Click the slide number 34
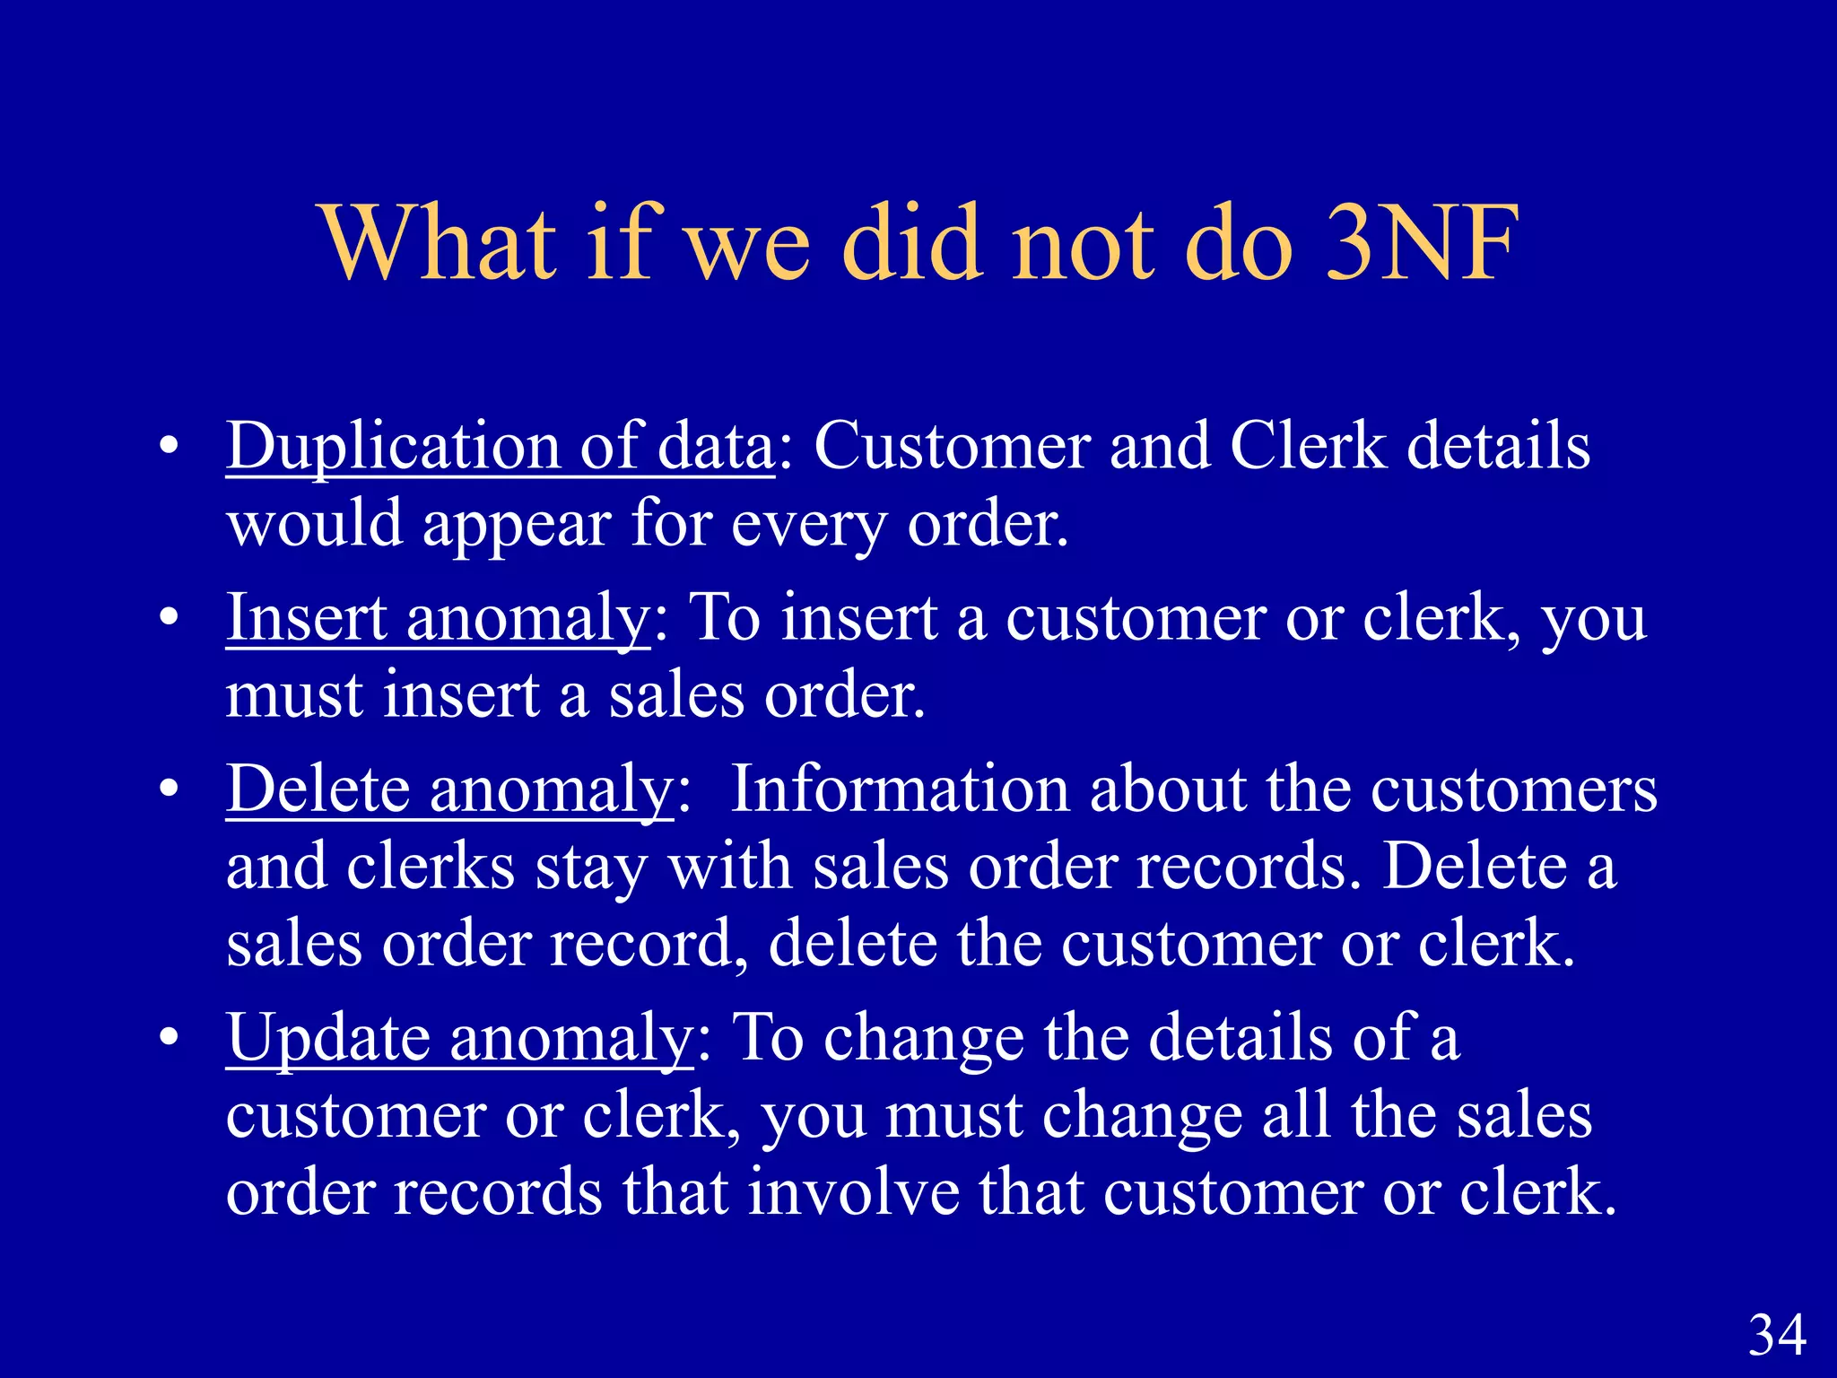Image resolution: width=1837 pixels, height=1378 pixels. (x=1777, y=1335)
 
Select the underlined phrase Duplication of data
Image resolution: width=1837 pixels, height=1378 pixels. (x=500, y=446)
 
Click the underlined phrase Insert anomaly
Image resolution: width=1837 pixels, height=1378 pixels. (x=438, y=618)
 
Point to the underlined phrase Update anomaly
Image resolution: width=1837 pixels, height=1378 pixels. (x=460, y=1038)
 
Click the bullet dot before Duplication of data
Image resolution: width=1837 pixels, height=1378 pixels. (x=169, y=448)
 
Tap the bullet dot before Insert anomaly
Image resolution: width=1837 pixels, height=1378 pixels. (x=169, y=620)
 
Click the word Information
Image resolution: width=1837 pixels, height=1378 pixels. (x=900, y=789)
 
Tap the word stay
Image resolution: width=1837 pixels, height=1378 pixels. (x=591, y=868)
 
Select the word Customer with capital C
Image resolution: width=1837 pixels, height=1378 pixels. (x=952, y=446)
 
